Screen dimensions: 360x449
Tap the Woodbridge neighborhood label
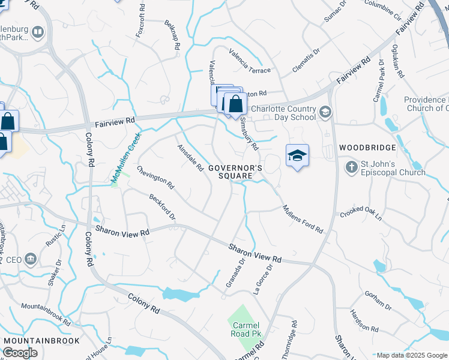pos(368,148)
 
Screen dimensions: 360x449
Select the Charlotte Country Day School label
pos(283,113)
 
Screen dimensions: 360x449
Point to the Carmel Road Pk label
pos(246,329)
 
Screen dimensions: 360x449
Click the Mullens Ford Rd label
pos(303,219)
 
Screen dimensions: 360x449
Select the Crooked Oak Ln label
pos(361,214)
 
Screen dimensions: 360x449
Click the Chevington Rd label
pos(155,177)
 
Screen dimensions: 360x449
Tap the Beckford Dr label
pos(162,206)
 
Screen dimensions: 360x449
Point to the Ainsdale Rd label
pos(190,158)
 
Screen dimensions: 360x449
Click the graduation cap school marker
pos(297,155)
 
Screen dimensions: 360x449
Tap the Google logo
pos(20,353)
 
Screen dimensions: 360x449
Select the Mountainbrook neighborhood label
pos(42,341)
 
